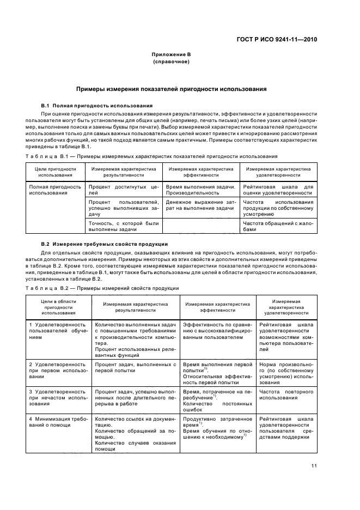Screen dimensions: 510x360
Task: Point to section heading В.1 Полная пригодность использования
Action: (x=97, y=105)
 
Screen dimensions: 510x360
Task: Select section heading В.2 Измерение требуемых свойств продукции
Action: (x=105, y=243)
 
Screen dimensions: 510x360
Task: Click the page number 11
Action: (x=314, y=465)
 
